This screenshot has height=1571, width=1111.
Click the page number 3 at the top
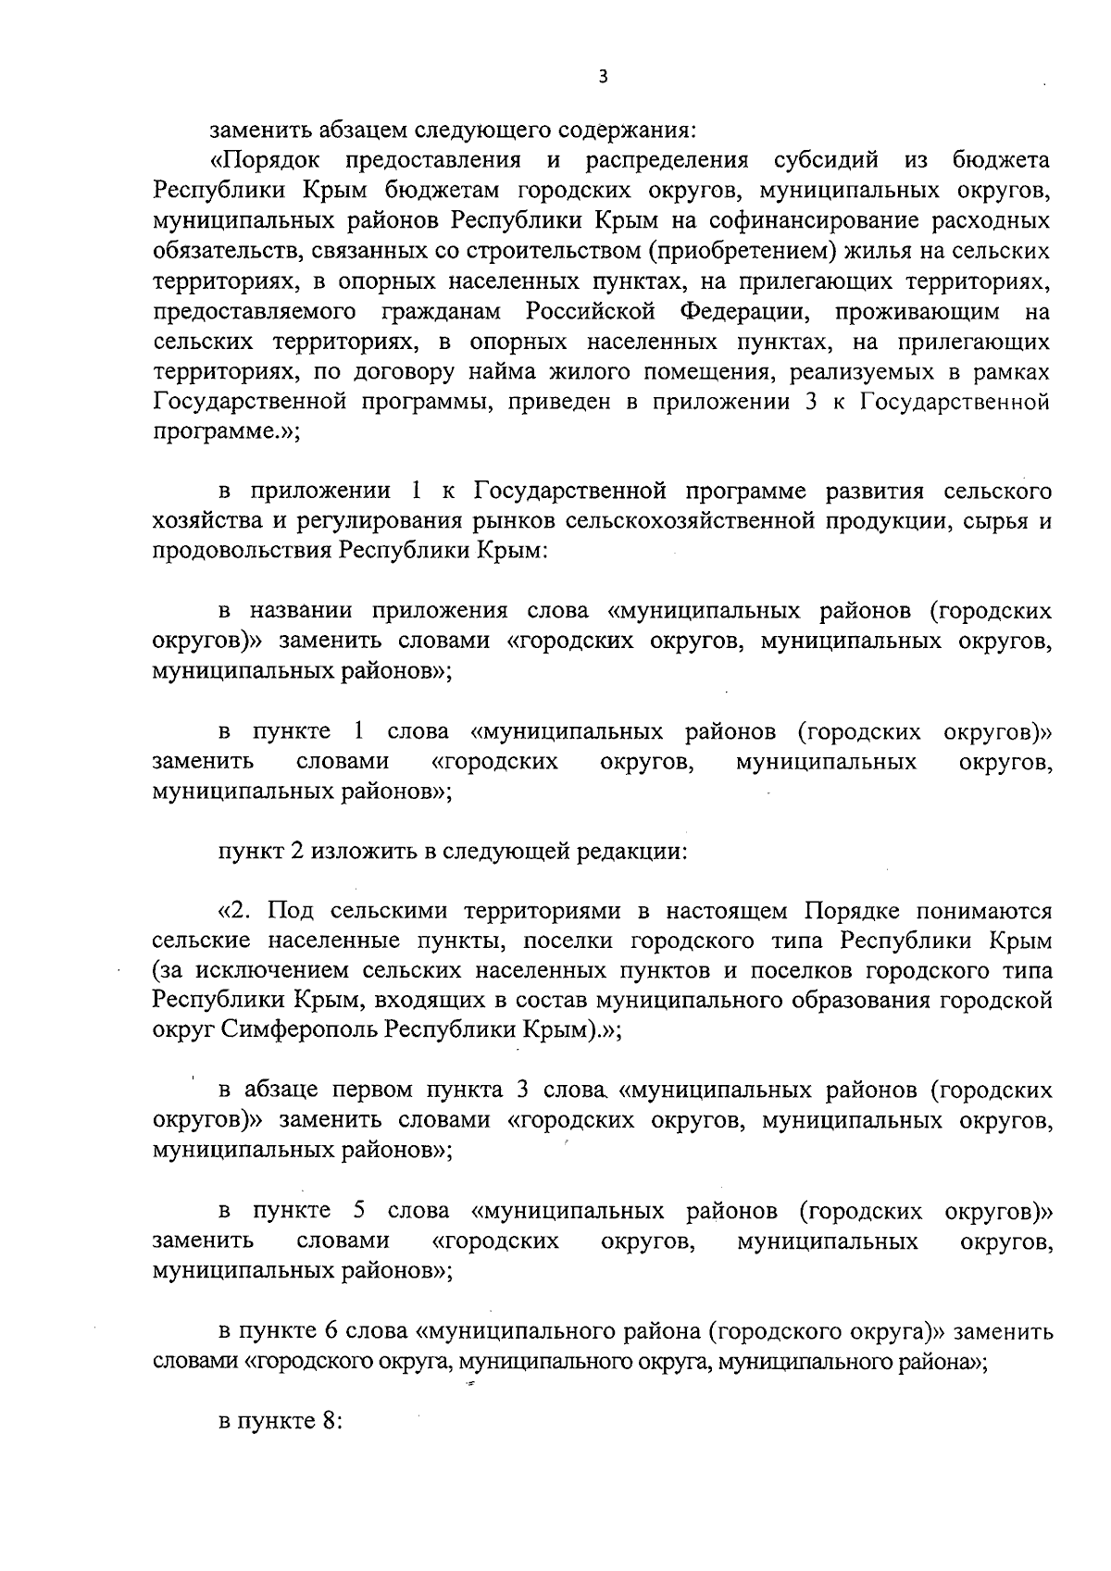coord(603,78)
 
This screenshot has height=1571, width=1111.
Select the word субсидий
coord(825,160)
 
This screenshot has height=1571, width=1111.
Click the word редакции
coord(630,851)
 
